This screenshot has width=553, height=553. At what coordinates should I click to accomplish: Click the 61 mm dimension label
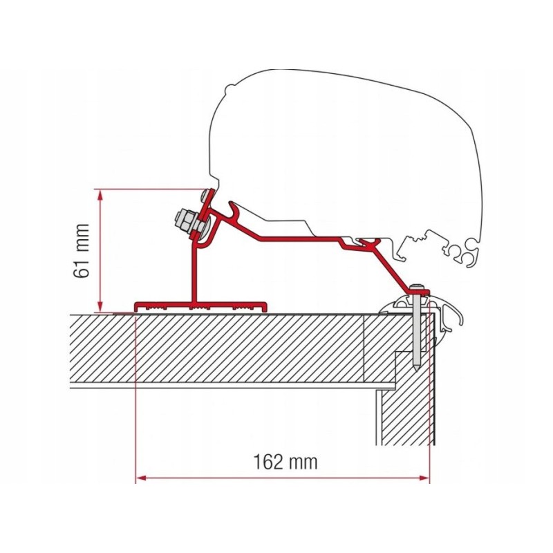pyautogui.click(x=82, y=250)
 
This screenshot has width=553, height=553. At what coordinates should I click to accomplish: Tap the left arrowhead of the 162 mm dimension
pyautogui.click(x=141, y=477)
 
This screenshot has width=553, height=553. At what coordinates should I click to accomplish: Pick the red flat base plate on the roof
pyautogui.click(x=200, y=306)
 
